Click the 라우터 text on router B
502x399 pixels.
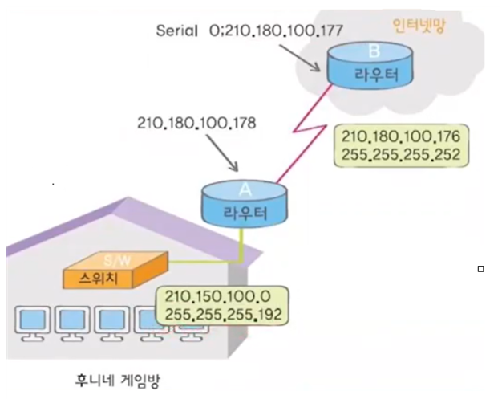click(x=370, y=77)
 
